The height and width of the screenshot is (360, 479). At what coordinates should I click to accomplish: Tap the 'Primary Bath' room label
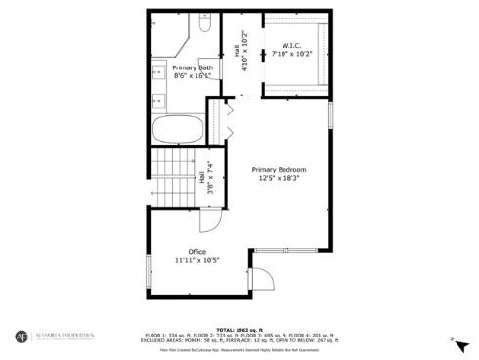[x=193, y=67]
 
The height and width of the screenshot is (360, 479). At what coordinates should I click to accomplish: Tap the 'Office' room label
[x=196, y=252]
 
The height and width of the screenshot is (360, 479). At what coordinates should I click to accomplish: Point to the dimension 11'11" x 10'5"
[x=196, y=261]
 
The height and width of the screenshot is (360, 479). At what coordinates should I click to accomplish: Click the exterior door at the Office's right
[x=262, y=283]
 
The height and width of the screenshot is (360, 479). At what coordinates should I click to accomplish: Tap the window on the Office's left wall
[x=148, y=270]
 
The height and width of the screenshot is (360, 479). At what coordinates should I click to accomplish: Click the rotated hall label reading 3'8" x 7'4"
[x=205, y=183]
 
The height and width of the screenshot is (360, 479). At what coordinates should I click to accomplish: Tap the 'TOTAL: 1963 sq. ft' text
[x=239, y=330]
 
